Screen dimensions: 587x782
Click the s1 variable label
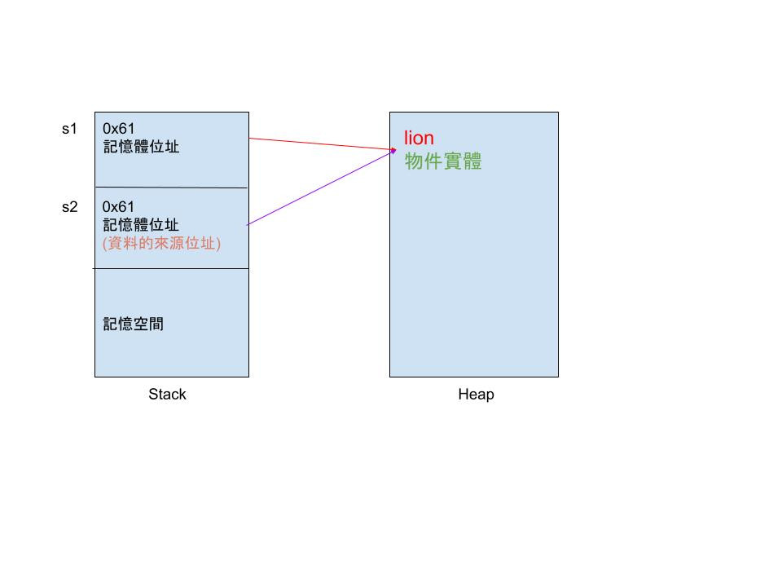69,129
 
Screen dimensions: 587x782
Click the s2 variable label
69,207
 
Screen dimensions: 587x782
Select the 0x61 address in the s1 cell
119,129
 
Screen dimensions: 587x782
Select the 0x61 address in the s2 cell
119,207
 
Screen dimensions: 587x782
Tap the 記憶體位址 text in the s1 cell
141,147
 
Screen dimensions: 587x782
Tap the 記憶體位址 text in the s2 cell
141,225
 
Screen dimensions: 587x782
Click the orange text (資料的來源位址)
161,243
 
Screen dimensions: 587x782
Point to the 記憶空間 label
133,324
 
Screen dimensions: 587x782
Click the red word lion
419,139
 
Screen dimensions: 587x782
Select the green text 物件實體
443,161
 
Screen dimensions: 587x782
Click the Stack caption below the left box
167,395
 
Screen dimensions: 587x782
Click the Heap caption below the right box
476,395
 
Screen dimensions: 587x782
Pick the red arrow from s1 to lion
322,143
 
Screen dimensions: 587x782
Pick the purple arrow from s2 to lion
322,187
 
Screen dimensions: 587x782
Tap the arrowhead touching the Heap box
393,149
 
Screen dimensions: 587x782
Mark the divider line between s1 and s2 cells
171,188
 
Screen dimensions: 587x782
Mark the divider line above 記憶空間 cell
171,268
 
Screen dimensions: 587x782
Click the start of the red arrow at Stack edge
250,139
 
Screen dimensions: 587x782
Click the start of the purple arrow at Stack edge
248,223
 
